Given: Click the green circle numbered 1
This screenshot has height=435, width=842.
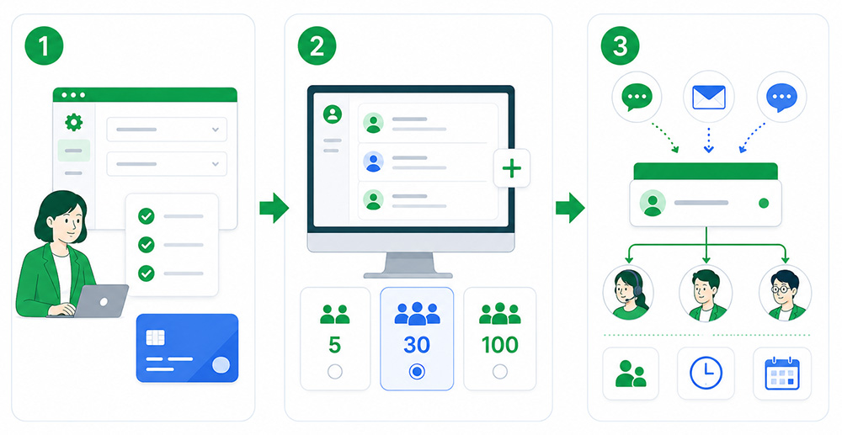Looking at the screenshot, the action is click(44, 45).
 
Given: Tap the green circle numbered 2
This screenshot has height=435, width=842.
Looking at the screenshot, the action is click(317, 45).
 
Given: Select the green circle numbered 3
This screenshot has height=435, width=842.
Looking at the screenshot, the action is click(621, 45).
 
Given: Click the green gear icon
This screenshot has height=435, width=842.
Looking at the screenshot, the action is click(73, 122).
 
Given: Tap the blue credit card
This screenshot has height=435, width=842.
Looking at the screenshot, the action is click(187, 348).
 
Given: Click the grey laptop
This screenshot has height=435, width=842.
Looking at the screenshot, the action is click(100, 301).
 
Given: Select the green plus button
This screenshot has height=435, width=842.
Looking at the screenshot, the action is click(512, 168).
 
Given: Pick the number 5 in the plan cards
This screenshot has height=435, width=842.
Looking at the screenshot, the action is click(334, 345).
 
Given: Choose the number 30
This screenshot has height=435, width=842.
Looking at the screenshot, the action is click(416, 345).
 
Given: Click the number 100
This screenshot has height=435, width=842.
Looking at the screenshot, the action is click(500, 345).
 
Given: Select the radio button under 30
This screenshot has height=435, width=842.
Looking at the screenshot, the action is click(417, 371).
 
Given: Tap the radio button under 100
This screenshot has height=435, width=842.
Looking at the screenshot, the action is click(500, 371).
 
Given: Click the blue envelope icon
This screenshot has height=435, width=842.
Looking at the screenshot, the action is click(709, 97).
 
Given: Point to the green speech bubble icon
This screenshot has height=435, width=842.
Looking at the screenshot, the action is click(637, 98).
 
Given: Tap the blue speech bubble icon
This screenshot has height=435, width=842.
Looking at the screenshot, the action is click(781, 98).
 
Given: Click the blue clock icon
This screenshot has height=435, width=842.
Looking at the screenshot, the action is click(706, 373).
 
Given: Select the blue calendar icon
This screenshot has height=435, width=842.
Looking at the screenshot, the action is click(782, 374).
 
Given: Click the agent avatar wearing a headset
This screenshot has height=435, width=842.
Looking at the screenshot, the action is click(628, 293).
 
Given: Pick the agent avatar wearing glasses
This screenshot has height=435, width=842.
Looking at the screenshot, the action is click(785, 293).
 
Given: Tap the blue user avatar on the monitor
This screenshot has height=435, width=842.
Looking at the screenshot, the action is click(373, 162).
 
